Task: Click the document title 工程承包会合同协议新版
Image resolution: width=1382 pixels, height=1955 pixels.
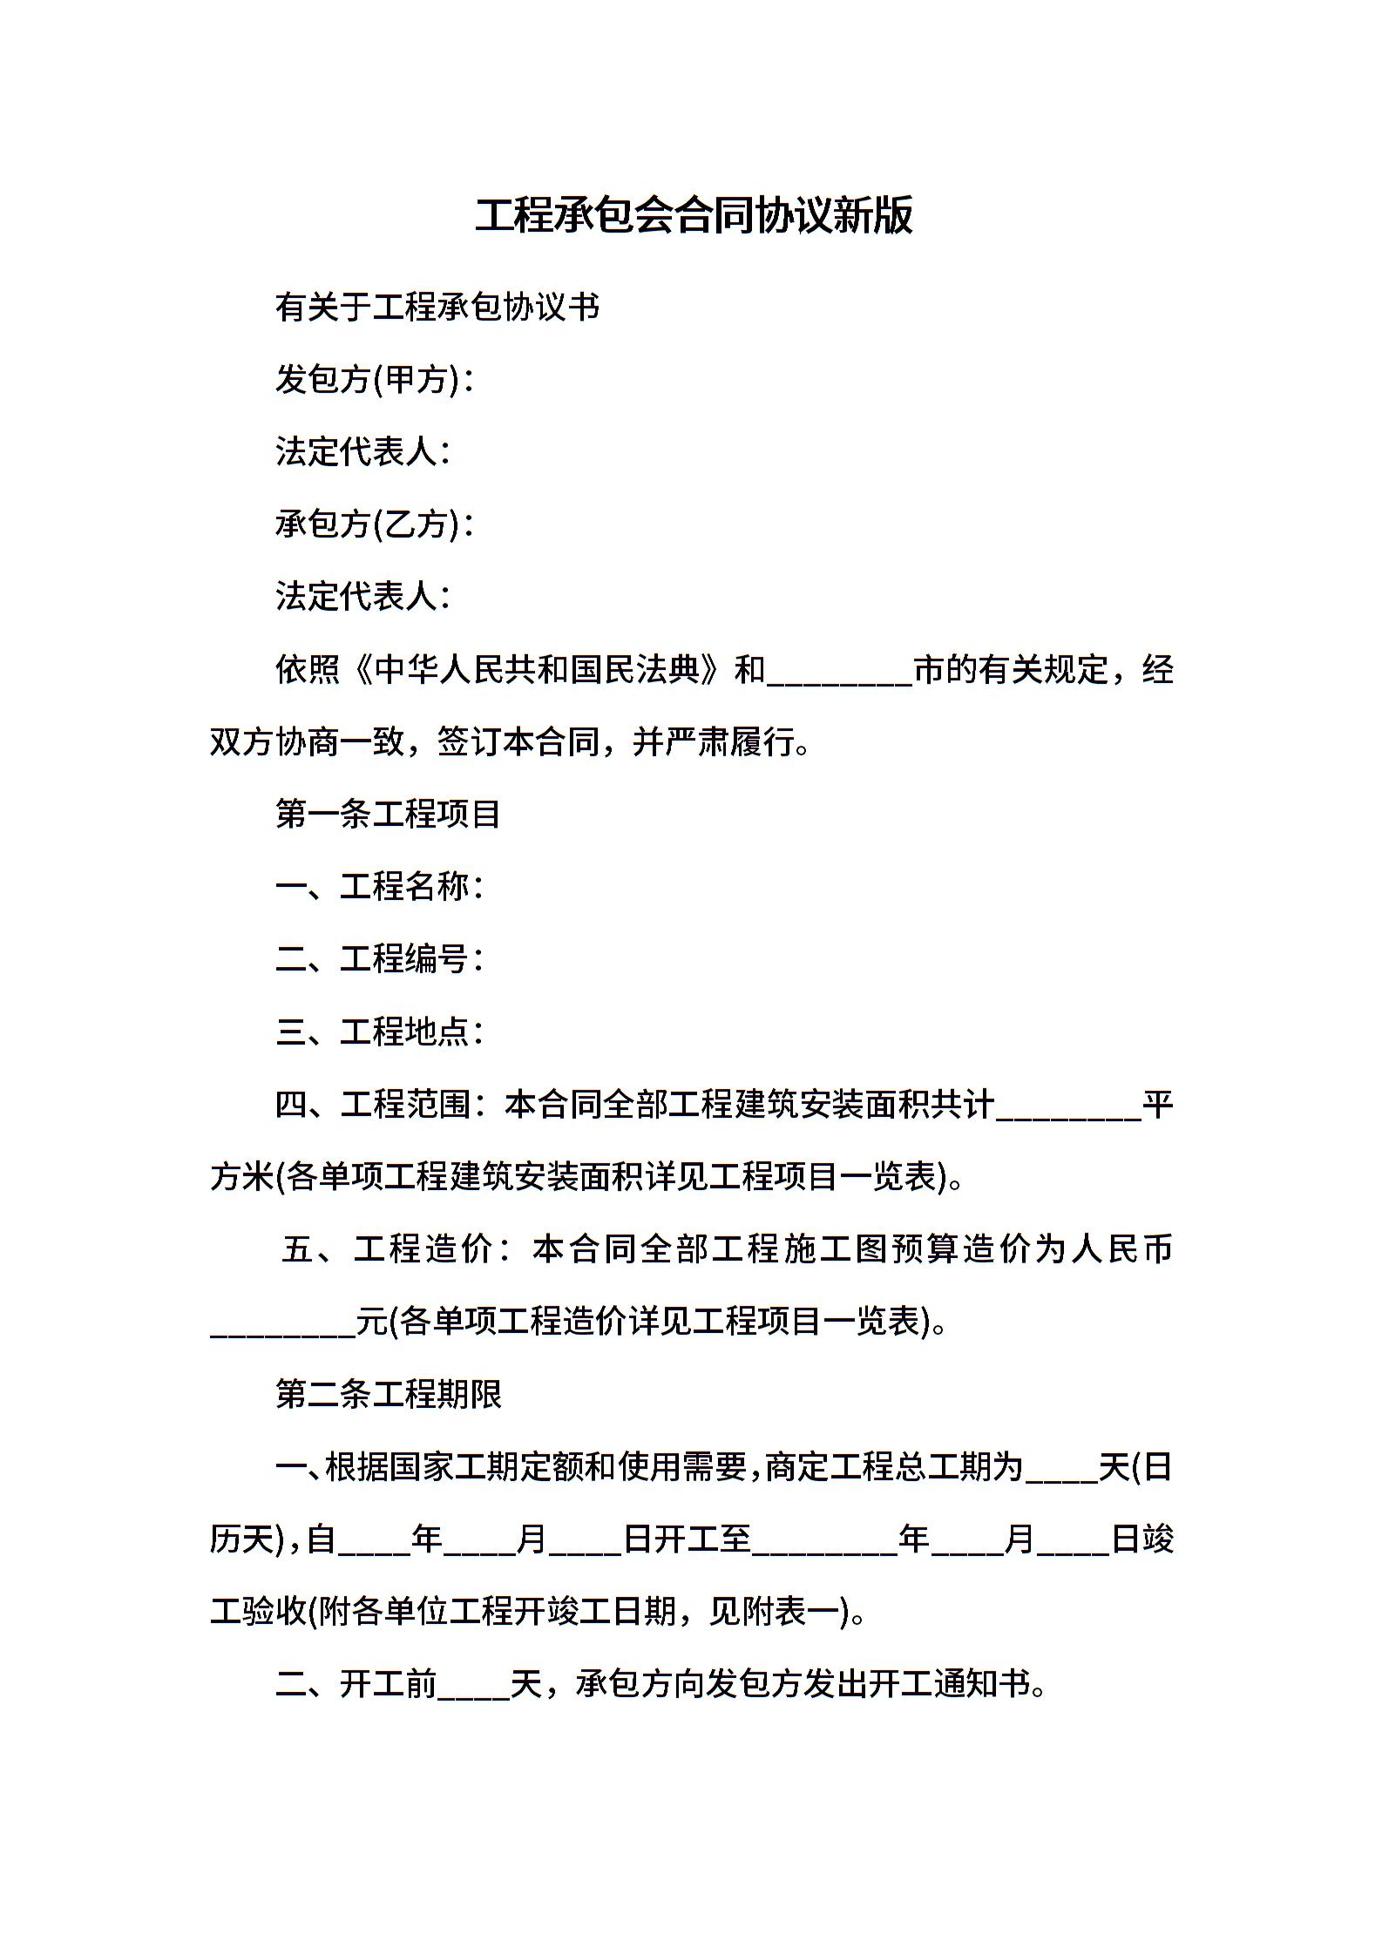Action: (x=694, y=215)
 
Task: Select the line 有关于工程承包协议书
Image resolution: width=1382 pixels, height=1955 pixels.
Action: (x=437, y=307)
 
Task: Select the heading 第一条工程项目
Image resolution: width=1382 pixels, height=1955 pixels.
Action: (x=388, y=814)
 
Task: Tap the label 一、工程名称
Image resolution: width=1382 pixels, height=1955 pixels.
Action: (x=378, y=886)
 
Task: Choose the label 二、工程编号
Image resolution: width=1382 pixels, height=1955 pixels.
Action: (x=378, y=958)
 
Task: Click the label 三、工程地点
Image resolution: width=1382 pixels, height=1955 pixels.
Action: (x=378, y=1032)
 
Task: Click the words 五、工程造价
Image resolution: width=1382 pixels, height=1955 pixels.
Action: (x=397, y=1249)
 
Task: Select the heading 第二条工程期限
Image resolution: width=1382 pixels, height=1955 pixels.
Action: (x=388, y=1394)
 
